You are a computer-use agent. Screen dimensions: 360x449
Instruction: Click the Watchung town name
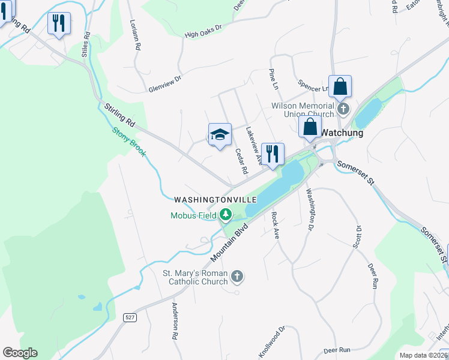point(342,133)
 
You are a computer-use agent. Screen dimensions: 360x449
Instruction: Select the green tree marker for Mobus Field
point(226,214)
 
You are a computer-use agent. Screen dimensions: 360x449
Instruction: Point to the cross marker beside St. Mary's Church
point(238,276)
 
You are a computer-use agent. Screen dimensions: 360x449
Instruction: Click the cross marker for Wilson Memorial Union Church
point(343,109)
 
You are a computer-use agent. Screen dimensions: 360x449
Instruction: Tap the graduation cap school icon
point(220,134)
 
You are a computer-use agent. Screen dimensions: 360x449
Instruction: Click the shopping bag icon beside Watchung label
point(310,127)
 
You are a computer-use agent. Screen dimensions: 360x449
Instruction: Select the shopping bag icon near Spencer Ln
point(340,86)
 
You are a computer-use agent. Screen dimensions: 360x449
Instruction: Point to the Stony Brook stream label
point(129,142)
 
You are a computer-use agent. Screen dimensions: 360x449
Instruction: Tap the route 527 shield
point(129,316)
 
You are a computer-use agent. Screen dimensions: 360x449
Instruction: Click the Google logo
point(20,352)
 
